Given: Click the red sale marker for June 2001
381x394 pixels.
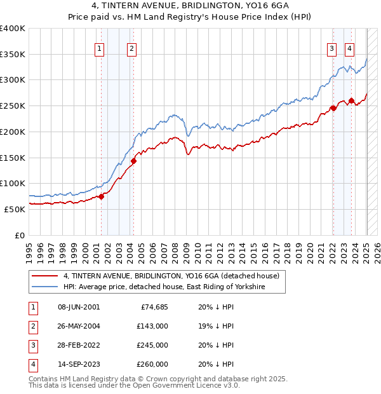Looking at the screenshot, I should [x=101, y=196].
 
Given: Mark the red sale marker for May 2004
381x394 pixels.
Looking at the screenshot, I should [x=133, y=161].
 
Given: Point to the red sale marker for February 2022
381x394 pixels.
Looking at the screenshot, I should [x=333, y=108].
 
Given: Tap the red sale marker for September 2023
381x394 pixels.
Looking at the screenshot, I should [x=351, y=100].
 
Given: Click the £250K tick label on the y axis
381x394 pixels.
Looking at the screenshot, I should [x=12, y=105].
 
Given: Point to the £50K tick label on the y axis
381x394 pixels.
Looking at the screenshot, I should [x=15, y=208].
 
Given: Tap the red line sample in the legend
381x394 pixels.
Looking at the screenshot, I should [x=44, y=276].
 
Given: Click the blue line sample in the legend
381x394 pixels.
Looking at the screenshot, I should [x=44, y=287].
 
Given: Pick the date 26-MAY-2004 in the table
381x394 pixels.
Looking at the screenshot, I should [x=79, y=326].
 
